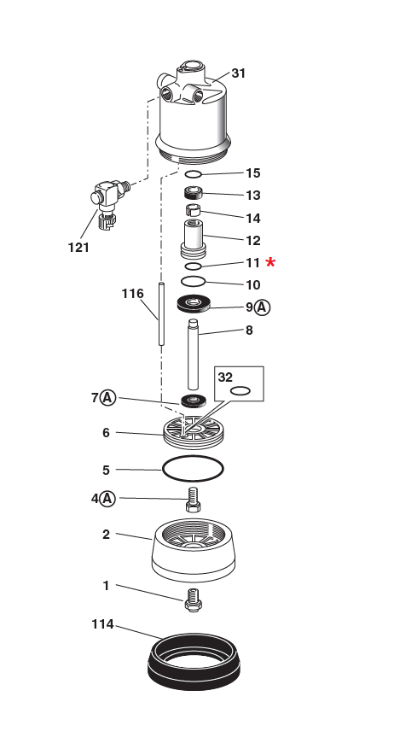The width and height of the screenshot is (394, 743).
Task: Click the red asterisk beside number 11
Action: (x=271, y=262)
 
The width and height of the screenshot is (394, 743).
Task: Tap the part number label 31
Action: (x=238, y=73)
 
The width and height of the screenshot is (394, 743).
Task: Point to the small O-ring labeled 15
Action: (x=194, y=175)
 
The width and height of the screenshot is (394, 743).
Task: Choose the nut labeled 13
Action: (x=194, y=195)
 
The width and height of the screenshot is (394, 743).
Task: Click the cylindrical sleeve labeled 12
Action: (x=193, y=237)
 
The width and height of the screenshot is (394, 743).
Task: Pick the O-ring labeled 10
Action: (x=194, y=281)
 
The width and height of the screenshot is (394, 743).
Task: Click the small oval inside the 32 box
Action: (x=240, y=391)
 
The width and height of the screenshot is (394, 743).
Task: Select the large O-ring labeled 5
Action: (x=193, y=468)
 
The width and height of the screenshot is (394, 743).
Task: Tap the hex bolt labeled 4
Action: (x=193, y=500)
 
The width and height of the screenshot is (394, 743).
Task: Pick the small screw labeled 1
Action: (x=193, y=600)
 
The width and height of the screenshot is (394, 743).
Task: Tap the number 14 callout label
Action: (x=252, y=218)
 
